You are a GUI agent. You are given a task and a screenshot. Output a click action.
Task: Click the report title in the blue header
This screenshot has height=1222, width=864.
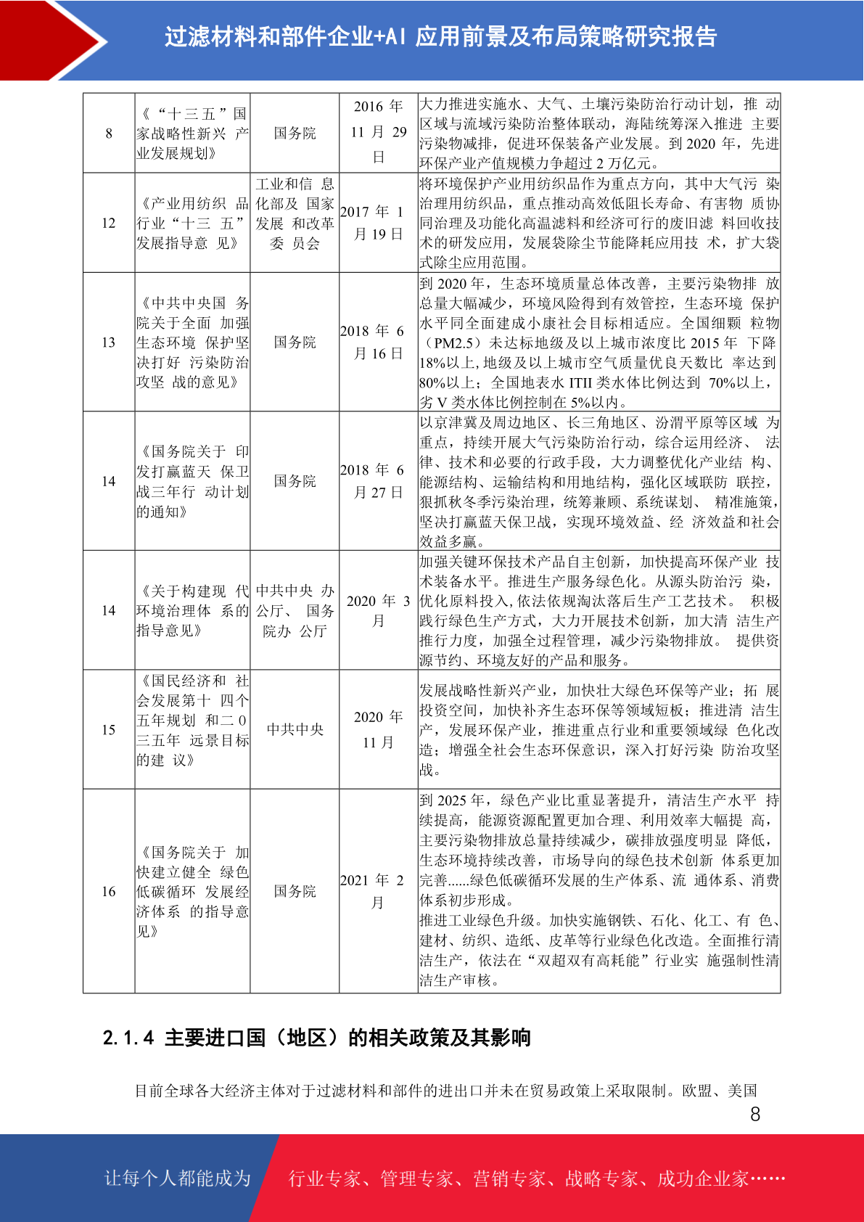pyautogui.click(x=440, y=36)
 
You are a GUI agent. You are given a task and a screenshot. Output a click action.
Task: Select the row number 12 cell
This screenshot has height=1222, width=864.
pyautogui.click(x=109, y=223)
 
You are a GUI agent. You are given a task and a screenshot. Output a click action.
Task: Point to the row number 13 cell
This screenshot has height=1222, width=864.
pyautogui.click(x=109, y=342)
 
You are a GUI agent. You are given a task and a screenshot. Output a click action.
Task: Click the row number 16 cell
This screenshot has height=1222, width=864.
pyautogui.click(x=109, y=891)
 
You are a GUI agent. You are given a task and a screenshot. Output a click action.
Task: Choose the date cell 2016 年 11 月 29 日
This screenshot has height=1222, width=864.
pyautogui.click(x=378, y=132)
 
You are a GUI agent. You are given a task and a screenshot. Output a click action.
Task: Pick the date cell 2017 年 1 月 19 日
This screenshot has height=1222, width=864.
pyautogui.click(x=378, y=223)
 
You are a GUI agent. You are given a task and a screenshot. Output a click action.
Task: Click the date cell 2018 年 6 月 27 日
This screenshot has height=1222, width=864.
pyautogui.click(x=378, y=481)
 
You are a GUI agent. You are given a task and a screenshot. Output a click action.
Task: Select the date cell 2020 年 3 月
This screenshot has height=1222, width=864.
pyautogui.click(x=378, y=610)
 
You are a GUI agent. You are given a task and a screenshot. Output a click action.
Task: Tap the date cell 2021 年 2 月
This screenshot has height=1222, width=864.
pyautogui.click(x=378, y=891)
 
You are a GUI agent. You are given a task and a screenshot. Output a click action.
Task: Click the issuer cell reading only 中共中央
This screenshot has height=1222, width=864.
pyautogui.click(x=295, y=729)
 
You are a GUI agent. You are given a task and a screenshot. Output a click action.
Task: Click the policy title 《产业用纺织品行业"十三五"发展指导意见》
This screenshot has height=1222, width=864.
pyautogui.click(x=192, y=223)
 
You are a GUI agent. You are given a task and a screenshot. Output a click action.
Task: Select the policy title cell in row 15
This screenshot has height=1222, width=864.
pyautogui.click(x=192, y=721)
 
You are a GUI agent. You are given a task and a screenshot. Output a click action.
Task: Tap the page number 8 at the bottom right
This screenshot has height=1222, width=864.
pyautogui.click(x=755, y=1114)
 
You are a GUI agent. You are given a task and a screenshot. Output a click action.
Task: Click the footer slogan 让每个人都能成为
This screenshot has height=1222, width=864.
pyautogui.click(x=177, y=1178)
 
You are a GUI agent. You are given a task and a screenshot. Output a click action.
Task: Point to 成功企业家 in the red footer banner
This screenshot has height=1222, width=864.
pyautogui.click(x=702, y=1178)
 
